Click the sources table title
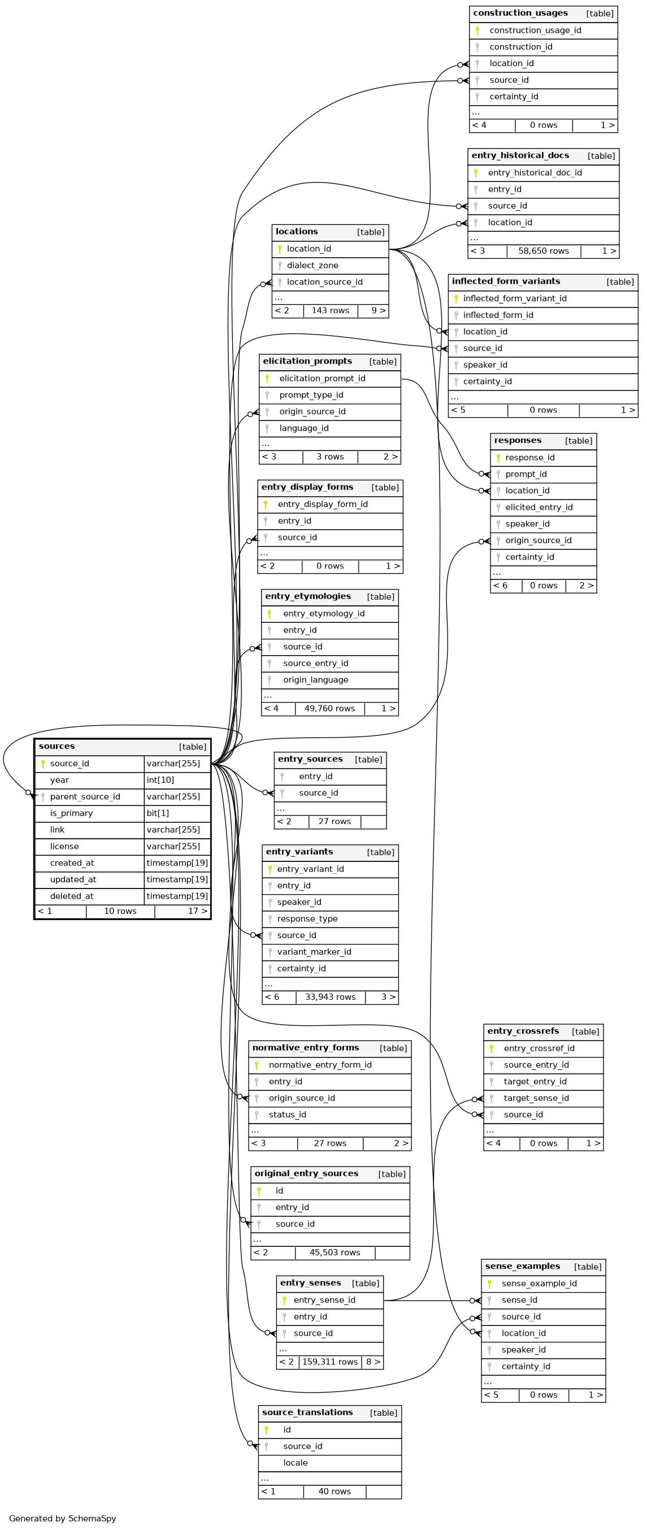pyautogui.click(x=57, y=747)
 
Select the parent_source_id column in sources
pyautogui.click(x=85, y=797)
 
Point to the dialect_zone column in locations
pyautogui.click(x=312, y=266)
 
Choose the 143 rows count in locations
pyautogui.click(x=330, y=311)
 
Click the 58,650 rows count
pyautogui.click(x=543, y=252)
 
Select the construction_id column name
pyautogui.click(x=520, y=47)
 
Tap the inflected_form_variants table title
pyautogui.click(x=506, y=281)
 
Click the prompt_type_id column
pyautogui.click(x=311, y=395)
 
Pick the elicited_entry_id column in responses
pyautogui.click(x=539, y=507)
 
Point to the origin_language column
pyautogui.click(x=315, y=680)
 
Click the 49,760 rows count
pyautogui.click(x=329, y=709)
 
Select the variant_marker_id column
pyautogui.click(x=314, y=952)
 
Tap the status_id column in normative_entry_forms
pyautogui.click(x=287, y=1115)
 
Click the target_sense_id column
pyautogui.click(x=536, y=1098)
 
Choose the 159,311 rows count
pyautogui.click(x=329, y=1362)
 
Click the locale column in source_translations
pyautogui.click(x=295, y=1463)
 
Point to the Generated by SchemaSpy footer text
pyautogui.click(x=62, y=1519)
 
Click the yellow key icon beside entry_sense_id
pyautogui.click(x=284, y=1300)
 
